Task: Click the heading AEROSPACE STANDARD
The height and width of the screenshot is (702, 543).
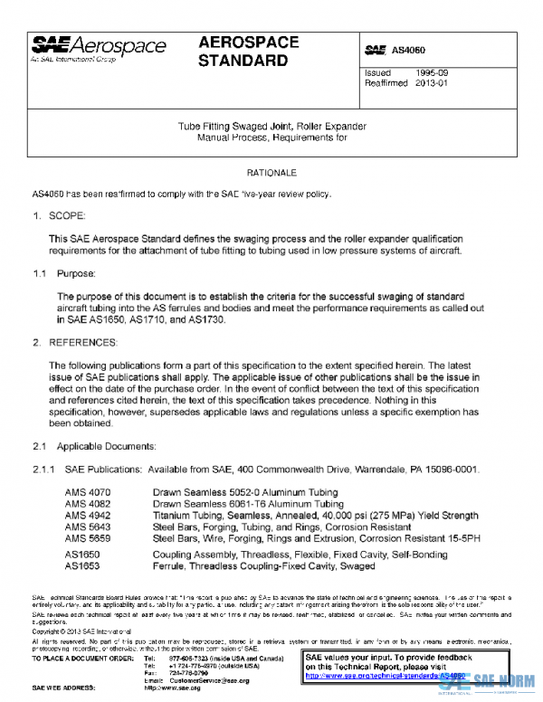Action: (243, 52)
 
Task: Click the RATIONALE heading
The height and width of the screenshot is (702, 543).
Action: (271, 172)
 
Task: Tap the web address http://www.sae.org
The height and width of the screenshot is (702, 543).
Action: (199, 688)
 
